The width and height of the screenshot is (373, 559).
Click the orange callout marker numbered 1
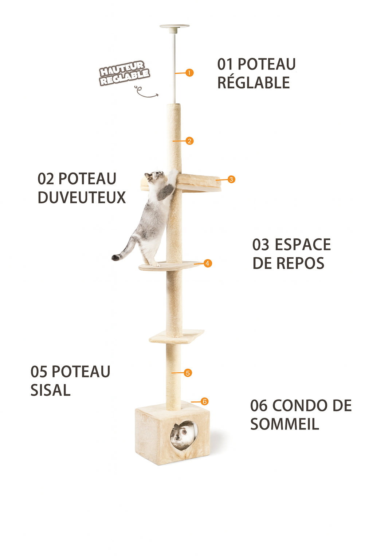click(189, 73)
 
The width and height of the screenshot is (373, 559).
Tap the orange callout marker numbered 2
click(189, 141)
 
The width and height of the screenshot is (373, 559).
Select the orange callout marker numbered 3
click(231, 179)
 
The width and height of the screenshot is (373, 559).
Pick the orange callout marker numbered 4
click(208, 263)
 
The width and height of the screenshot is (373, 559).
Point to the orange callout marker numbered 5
click(188, 373)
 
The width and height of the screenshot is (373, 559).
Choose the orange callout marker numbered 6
click(204, 401)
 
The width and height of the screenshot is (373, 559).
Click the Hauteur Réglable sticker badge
click(124, 73)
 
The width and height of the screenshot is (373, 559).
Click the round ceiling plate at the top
click(174, 27)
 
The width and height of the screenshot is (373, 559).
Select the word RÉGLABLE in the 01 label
click(254, 83)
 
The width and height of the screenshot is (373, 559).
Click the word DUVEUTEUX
click(82, 197)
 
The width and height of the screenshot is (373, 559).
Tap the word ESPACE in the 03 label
click(302, 245)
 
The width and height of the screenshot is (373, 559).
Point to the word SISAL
click(50, 390)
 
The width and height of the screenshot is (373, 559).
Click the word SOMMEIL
click(284, 424)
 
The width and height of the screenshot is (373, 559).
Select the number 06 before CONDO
click(259, 405)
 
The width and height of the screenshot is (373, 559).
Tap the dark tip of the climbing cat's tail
click(116, 257)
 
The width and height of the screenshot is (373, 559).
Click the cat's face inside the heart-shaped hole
click(180, 434)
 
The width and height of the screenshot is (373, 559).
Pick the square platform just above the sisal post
click(177, 336)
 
